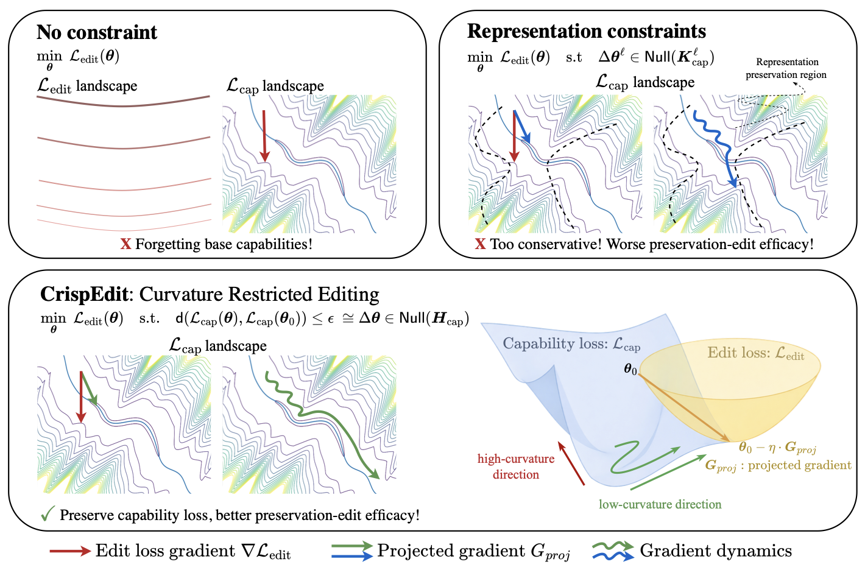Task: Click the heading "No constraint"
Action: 97,32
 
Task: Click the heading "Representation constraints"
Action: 586,31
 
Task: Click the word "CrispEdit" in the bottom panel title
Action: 84,295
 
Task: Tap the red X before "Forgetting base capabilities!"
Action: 125,244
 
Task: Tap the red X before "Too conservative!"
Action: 480,244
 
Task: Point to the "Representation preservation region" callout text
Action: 786,68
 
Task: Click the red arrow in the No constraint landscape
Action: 264,135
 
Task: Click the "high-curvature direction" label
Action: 516,466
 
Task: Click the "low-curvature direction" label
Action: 660,504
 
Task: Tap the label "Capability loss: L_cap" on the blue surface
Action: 571,344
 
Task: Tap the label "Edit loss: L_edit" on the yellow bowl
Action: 755,353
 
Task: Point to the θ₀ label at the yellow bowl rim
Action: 630,369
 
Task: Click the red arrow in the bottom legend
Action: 69,551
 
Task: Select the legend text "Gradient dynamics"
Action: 716,551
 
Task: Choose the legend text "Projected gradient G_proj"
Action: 473,551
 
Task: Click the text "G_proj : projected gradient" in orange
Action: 778,466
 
